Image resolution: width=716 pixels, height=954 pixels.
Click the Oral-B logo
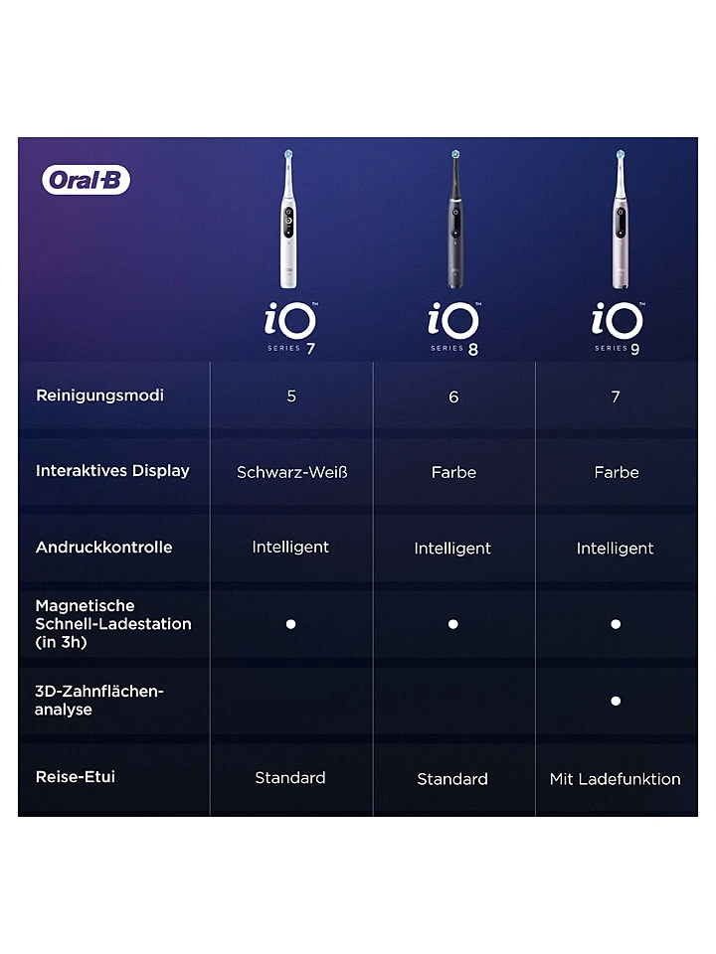pyautogui.click(x=87, y=180)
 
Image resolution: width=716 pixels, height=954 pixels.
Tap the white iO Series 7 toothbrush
pyautogui.click(x=289, y=224)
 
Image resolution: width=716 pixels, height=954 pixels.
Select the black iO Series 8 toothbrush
pyautogui.click(x=454, y=224)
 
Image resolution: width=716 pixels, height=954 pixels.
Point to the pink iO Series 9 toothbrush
pyautogui.click(x=619, y=224)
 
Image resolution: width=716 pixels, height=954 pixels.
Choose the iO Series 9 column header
pyautogui.click(x=618, y=326)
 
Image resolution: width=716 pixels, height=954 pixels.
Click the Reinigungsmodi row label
pyautogui.click(x=99, y=396)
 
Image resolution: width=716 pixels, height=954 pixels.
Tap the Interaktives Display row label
pyautogui.click(x=112, y=471)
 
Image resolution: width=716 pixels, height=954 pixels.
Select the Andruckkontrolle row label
pyautogui.click(x=103, y=548)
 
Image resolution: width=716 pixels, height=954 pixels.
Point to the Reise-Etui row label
pyautogui.click(x=76, y=777)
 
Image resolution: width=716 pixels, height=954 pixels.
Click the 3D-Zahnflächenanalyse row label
pyautogui.click(x=98, y=700)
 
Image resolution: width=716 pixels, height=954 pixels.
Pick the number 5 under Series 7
pyautogui.click(x=291, y=397)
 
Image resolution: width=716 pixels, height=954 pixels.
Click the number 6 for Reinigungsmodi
pyautogui.click(x=453, y=397)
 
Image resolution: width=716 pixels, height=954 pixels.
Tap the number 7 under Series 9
pyautogui.click(x=616, y=397)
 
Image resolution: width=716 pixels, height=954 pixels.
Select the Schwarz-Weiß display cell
pyautogui.click(x=291, y=472)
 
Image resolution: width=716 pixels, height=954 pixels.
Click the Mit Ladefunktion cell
pyautogui.click(x=615, y=779)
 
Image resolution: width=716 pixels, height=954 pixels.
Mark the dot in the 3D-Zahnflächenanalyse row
pyautogui.click(x=616, y=701)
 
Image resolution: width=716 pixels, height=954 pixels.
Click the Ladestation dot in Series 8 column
pyautogui.click(x=452, y=624)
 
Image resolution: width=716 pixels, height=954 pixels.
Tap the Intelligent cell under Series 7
pyautogui.click(x=290, y=548)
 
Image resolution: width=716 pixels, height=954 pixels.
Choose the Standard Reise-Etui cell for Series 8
pyautogui.click(x=452, y=779)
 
